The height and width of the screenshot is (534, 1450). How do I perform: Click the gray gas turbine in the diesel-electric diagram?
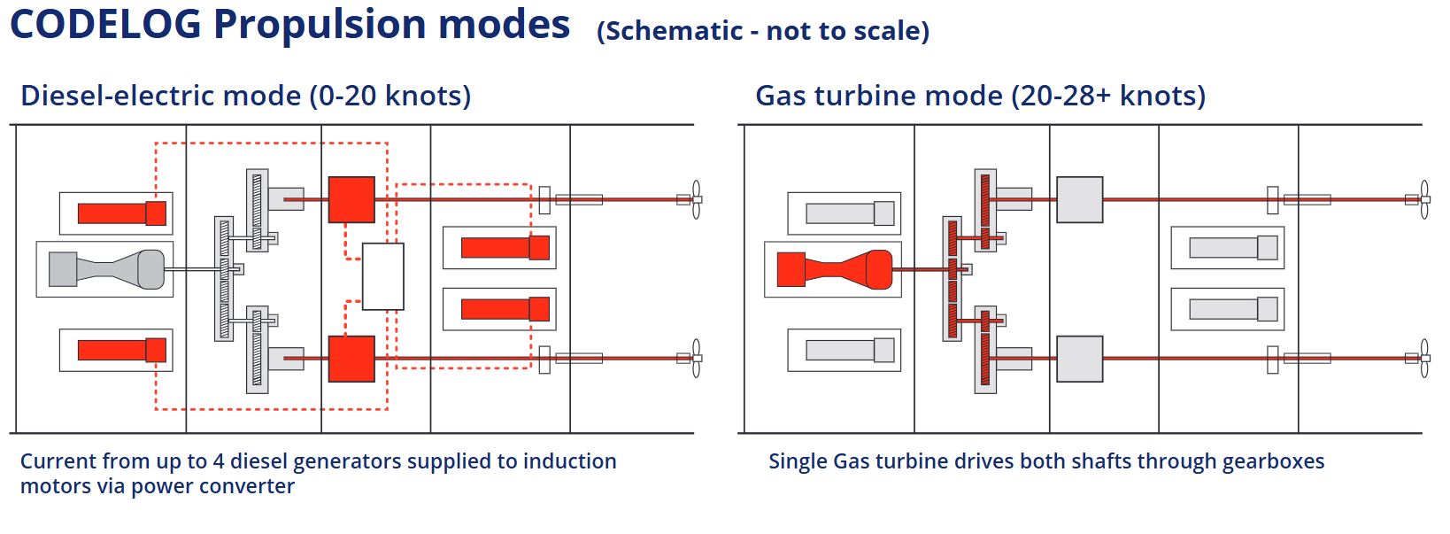tap(106, 269)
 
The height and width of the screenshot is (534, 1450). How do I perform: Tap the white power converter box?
tap(383, 276)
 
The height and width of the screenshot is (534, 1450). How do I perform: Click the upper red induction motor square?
tap(351, 200)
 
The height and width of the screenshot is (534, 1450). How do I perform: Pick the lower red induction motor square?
tap(351, 359)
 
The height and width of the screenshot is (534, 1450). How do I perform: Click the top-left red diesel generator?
tap(121, 213)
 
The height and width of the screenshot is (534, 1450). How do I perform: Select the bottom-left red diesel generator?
tap(121, 350)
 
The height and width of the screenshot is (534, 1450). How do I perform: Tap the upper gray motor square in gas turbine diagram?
tap(1080, 200)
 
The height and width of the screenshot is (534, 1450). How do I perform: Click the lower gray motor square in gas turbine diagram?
tap(1080, 359)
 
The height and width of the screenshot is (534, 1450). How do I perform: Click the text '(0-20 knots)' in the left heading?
tap(389, 96)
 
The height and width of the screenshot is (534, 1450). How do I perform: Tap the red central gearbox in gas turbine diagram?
tap(953, 278)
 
